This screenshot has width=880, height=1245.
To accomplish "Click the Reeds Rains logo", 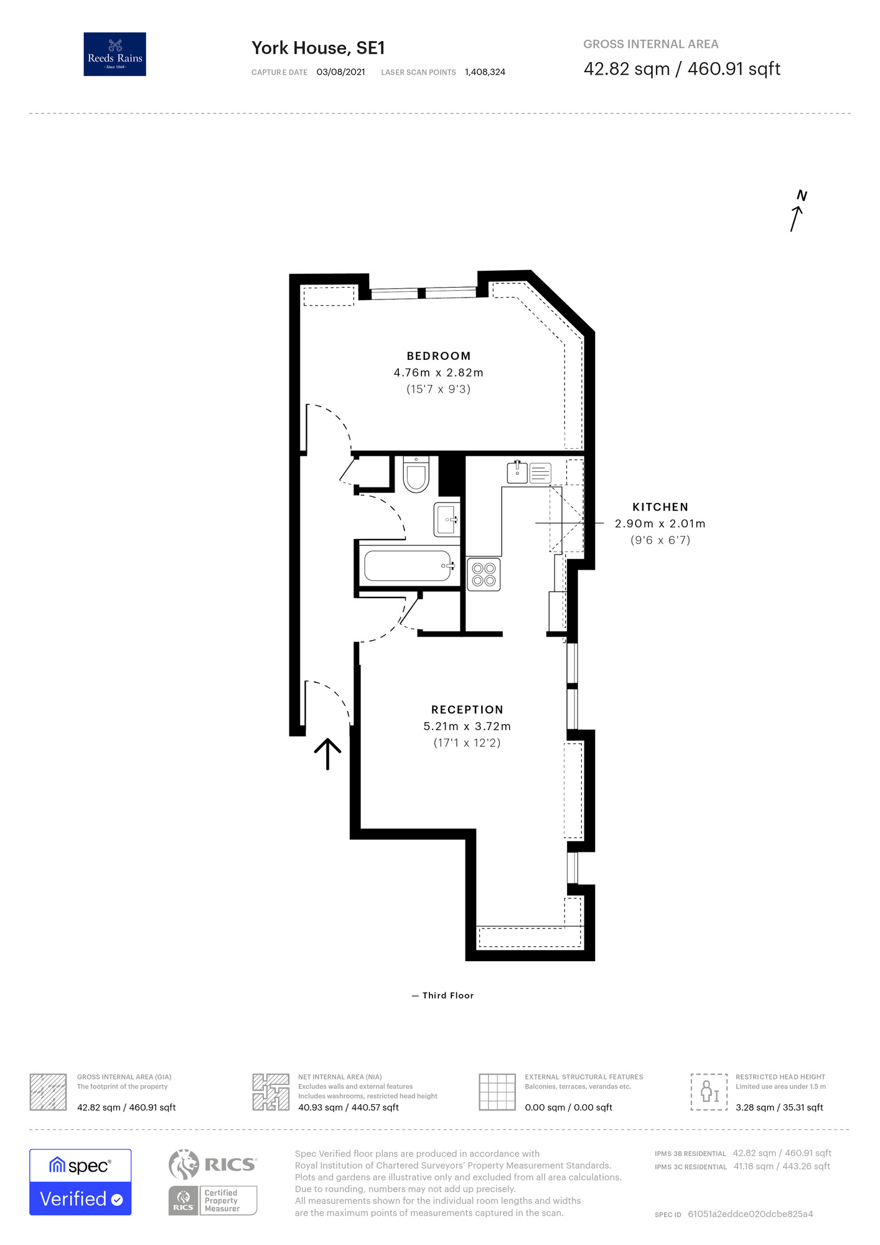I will click(x=115, y=54).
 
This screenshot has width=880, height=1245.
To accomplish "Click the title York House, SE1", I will click(x=318, y=48).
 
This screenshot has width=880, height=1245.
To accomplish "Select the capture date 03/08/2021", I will click(x=340, y=72).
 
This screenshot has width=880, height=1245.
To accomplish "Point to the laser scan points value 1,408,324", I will click(x=485, y=72).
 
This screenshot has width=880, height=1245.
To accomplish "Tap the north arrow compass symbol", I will click(x=797, y=212).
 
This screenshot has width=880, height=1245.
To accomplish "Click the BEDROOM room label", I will click(x=438, y=356).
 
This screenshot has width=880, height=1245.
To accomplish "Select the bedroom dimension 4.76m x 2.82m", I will click(x=438, y=373).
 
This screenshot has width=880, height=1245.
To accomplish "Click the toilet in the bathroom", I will click(x=416, y=475).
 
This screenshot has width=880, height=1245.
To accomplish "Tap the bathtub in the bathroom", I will click(x=408, y=566).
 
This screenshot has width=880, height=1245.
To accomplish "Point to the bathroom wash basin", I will click(x=447, y=519).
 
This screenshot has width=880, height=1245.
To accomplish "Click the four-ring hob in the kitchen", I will click(x=484, y=575).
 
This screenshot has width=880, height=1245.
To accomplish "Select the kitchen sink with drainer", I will click(x=529, y=472).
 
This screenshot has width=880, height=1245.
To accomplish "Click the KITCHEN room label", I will click(x=660, y=507).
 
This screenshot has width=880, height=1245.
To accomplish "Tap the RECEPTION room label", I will click(x=467, y=710).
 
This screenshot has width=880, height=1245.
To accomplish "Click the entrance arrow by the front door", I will click(x=327, y=753).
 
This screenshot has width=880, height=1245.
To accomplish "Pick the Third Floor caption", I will click(x=447, y=995).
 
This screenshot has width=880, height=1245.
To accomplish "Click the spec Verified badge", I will click(x=80, y=1182).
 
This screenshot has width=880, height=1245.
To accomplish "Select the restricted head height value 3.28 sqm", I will click(x=779, y=1107).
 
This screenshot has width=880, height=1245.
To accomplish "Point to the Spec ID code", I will click(x=750, y=1214).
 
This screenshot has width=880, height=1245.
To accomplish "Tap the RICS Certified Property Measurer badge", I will click(x=213, y=1200).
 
